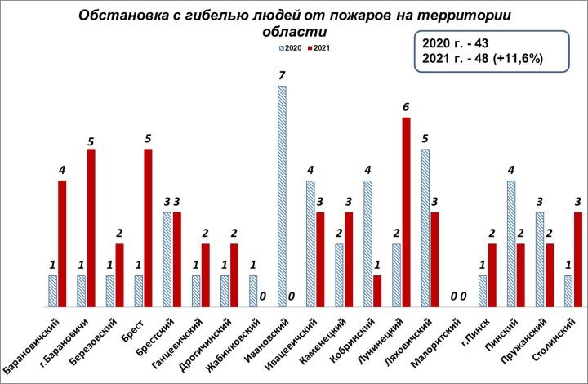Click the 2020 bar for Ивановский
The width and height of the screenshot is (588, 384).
282,196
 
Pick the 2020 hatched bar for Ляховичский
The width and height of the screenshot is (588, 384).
425,228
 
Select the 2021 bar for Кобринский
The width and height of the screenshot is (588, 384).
376,291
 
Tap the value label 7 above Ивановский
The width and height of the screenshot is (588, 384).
282,76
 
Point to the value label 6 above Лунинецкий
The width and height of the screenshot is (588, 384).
405,107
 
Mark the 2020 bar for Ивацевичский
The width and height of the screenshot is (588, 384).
310,243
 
